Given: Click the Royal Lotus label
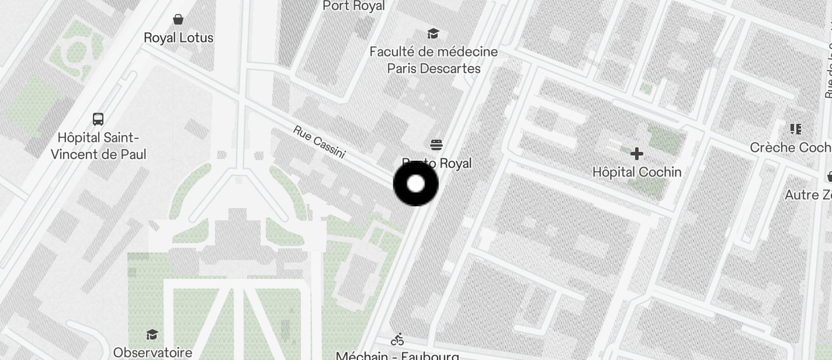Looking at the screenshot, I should click(x=178, y=38).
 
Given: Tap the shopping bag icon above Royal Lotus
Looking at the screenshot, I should click(x=178, y=19).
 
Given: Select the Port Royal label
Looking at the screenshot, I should click(x=353, y=6).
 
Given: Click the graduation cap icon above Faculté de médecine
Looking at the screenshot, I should click(x=433, y=33).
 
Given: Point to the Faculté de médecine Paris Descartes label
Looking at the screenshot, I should click(x=434, y=60).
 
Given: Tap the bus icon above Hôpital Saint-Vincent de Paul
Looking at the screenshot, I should click(x=98, y=119).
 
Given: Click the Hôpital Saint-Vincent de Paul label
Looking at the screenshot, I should click(x=98, y=146).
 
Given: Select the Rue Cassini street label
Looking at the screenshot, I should click(x=320, y=142).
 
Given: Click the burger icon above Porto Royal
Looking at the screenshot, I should click(x=436, y=144).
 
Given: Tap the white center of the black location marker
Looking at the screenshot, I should click(x=415, y=184).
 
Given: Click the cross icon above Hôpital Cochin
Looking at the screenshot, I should click(x=637, y=154).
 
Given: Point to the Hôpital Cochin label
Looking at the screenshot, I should click(x=637, y=172).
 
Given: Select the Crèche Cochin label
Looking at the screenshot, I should click(x=791, y=147).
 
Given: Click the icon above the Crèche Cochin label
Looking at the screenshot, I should click(x=795, y=129).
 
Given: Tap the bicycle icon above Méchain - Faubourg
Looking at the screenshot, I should click(x=398, y=339).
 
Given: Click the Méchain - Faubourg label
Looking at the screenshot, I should click(x=397, y=355).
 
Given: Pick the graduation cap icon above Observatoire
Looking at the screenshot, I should click(x=152, y=334).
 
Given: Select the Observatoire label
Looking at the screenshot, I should click(x=152, y=352).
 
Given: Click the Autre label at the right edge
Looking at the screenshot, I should click(x=808, y=195).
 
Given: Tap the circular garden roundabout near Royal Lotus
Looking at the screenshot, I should click(x=77, y=53).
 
